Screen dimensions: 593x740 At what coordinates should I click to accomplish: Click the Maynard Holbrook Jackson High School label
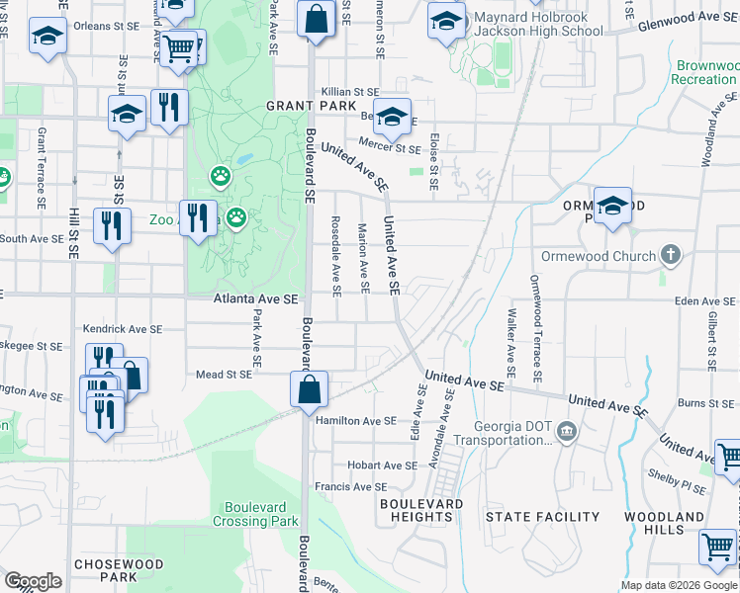(537, 24)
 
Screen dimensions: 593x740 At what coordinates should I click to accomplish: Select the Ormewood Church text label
(600, 256)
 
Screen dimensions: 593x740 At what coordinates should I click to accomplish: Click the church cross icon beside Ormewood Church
(671, 256)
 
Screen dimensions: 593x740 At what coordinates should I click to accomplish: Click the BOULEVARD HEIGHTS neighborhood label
(421, 510)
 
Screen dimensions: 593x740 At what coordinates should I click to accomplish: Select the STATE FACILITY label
(542, 517)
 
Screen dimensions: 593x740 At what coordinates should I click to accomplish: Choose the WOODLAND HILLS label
(664, 523)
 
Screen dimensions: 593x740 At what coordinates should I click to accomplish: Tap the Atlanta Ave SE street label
(257, 298)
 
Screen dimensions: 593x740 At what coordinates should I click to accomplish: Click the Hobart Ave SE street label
(382, 465)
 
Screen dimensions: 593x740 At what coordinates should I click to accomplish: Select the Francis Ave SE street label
(350, 486)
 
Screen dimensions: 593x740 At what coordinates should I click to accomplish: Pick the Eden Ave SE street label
(706, 301)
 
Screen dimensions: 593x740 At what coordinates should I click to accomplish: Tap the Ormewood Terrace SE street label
(536, 328)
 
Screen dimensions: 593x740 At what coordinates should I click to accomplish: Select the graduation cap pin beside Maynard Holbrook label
(446, 20)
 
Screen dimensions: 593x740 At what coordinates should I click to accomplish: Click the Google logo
(33, 580)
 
